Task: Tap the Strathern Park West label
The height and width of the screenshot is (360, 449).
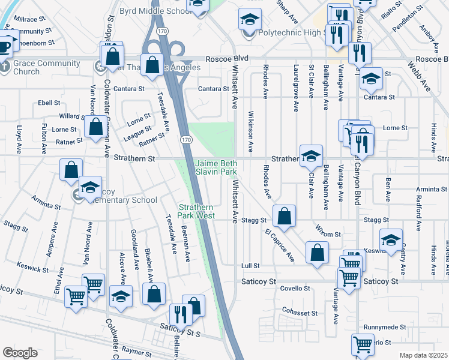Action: tap(195, 211)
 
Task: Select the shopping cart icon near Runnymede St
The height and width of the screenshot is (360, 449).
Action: tap(363, 345)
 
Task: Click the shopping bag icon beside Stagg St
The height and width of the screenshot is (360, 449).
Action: tap(284, 216)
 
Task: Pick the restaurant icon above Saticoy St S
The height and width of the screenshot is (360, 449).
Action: tap(180, 314)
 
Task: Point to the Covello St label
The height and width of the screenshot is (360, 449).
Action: tap(295, 289)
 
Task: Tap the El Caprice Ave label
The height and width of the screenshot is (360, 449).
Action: tap(280, 244)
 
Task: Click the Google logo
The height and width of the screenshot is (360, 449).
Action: tap(20, 353)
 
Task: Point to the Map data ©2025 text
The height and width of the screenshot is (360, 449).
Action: tap(423, 355)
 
